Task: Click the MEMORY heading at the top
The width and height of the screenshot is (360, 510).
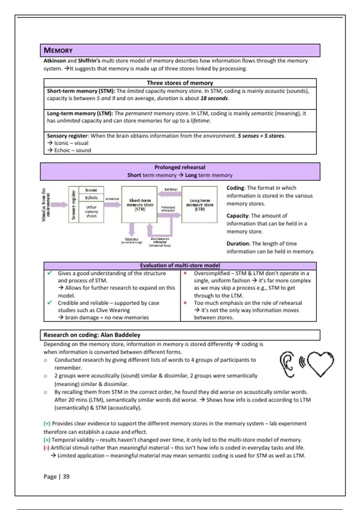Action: (58, 50)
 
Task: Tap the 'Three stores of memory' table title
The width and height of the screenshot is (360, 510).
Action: (180, 83)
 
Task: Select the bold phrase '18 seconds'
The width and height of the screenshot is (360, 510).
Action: (214, 98)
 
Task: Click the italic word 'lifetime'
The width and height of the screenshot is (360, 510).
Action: (200, 121)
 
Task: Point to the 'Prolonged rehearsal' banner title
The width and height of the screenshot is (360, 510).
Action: (180, 167)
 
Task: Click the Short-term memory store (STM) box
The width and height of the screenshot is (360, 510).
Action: (139, 204)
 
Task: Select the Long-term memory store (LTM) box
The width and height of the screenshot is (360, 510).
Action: (199, 204)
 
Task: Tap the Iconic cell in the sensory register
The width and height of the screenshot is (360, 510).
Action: (91, 190)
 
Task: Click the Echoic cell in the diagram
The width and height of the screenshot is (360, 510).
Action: (91, 198)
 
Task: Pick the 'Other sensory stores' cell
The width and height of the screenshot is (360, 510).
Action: (91, 211)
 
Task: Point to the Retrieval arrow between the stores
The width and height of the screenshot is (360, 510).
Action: (169, 194)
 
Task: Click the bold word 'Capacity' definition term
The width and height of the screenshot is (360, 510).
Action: (238, 216)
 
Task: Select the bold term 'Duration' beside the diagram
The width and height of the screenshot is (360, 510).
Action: (238, 244)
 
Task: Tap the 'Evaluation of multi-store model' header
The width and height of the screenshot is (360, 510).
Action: (180, 266)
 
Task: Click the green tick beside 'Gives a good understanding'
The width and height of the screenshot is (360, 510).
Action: (49, 273)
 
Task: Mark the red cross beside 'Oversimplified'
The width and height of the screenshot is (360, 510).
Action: (185, 273)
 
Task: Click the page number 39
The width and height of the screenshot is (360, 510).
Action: (66, 477)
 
